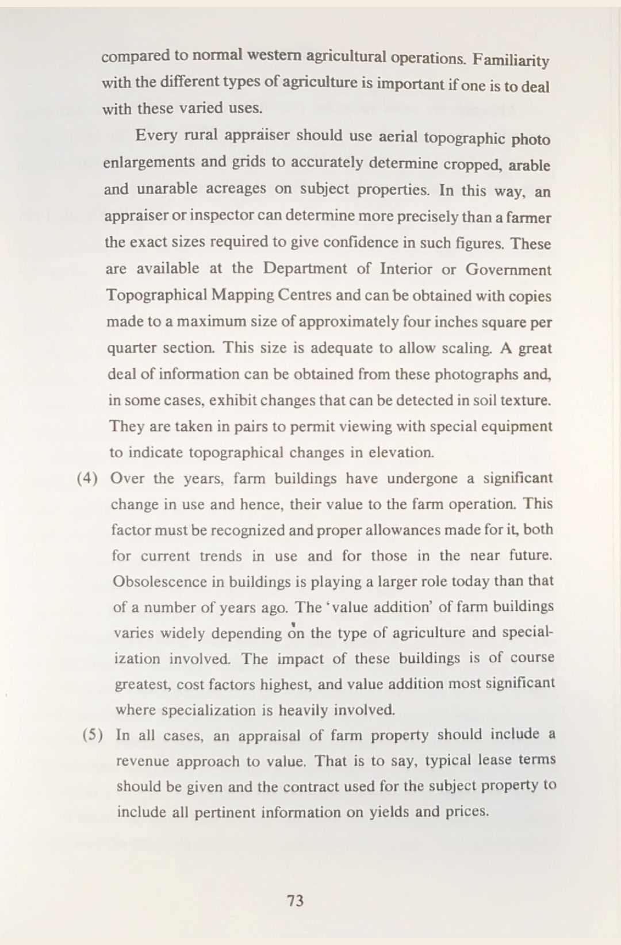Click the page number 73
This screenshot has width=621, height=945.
tap(295, 901)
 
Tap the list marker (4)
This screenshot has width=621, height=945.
tap(87, 479)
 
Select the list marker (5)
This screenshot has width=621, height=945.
tap(93, 735)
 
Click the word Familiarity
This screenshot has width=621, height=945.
tap(512, 60)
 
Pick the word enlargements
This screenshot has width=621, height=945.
tap(149, 162)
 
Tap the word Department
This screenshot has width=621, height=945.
tap(305, 268)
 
